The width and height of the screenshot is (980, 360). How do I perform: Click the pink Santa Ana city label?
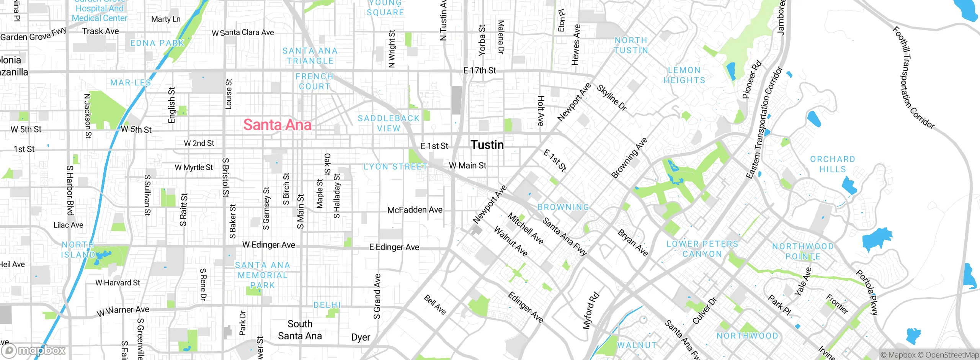point(277,125)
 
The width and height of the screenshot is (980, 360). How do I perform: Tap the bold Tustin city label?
point(487,145)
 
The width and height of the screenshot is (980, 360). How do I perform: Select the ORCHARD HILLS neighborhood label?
point(832,164)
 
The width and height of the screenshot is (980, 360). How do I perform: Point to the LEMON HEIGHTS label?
point(684,75)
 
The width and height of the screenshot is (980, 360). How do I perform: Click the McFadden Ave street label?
point(415,210)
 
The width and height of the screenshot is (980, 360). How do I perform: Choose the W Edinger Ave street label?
point(269,245)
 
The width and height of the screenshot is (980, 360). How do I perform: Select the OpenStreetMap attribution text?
point(952,355)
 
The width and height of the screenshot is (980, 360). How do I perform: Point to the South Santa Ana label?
point(300,330)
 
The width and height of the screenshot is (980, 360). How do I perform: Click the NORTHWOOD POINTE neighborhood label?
point(802,251)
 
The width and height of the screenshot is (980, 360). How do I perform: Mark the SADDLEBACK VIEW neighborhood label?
point(389,123)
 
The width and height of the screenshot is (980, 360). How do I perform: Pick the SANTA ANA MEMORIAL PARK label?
point(262,275)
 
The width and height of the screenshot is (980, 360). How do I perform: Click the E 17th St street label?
point(479,70)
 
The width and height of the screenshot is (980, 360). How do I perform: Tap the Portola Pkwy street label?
point(867,293)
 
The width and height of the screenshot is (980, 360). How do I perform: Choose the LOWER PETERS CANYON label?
point(702,249)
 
